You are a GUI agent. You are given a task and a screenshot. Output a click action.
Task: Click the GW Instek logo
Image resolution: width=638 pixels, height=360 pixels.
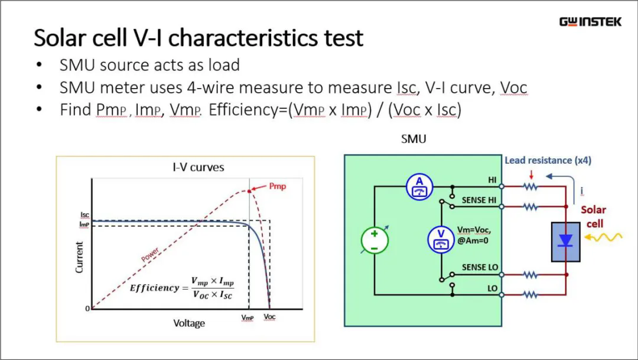(590, 22)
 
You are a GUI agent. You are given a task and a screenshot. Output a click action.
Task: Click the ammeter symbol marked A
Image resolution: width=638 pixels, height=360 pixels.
(419, 187)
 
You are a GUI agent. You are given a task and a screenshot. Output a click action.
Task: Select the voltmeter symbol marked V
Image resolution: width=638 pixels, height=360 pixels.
(441, 239)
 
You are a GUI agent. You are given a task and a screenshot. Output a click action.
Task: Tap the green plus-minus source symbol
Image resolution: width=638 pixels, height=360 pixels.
(375, 240)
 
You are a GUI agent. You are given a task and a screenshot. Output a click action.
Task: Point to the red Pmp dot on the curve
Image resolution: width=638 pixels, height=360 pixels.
(249, 191)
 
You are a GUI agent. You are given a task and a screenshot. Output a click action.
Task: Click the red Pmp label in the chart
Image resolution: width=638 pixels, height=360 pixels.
(278, 186)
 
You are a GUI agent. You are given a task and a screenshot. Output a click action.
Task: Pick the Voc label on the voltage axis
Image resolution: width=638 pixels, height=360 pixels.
(269, 317)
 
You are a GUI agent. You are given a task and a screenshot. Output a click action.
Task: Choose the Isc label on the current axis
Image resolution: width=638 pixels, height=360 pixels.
(84, 215)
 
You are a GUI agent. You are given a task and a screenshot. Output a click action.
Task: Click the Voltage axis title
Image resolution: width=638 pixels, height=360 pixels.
(189, 323)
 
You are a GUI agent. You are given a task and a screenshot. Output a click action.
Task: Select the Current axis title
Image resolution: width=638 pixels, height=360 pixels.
(79, 257)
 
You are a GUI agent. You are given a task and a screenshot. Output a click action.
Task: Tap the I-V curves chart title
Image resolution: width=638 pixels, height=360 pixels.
(198, 167)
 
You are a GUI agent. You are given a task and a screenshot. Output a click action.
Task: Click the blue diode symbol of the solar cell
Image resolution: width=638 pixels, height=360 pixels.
(565, 241)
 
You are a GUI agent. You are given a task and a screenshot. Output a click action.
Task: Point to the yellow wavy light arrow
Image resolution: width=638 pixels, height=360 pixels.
(603, 237)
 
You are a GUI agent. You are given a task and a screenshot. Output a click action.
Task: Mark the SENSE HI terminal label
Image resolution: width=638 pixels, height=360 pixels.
(479, 200)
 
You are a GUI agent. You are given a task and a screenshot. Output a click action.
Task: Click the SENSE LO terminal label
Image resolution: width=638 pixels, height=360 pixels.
(480, 267)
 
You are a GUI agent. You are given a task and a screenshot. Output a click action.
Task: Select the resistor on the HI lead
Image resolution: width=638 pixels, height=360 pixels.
(530, 187)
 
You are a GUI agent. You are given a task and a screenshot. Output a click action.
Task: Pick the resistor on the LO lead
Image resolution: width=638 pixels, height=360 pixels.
(530, 294)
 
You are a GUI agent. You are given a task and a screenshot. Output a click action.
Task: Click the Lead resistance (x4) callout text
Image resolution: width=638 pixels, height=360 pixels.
(548, 160)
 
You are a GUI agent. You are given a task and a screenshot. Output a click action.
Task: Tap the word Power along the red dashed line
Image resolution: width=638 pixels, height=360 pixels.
(150, 255)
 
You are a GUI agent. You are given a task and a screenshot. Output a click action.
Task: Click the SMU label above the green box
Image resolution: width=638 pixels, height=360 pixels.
(414, 140)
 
